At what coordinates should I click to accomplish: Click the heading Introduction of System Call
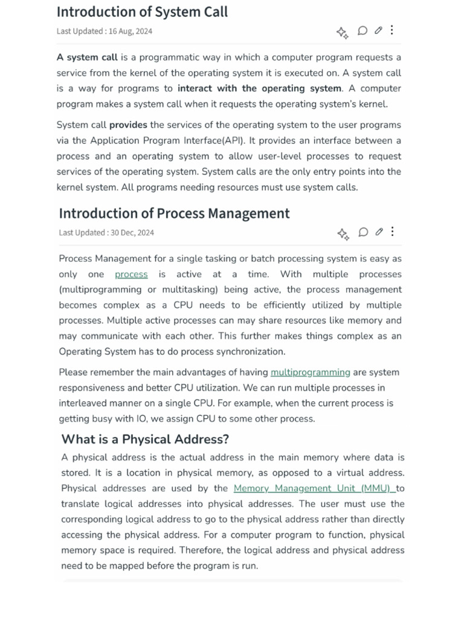(x=142, y=12)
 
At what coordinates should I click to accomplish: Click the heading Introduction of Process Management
(x=174, y=214)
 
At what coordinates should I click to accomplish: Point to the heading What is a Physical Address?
(x=145, y=439)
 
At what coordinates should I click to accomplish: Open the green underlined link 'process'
(x=131, y=275)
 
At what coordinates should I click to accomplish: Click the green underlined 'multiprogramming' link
(x=311, y=372)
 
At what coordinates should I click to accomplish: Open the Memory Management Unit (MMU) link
(x=312, y=488)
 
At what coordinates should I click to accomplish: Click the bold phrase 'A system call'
(x=87, y=58)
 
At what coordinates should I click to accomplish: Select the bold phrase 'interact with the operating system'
(x=259, y=89)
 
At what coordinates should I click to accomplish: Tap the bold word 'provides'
(x=128, y=126)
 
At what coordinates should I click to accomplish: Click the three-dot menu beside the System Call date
(x=392, y=30)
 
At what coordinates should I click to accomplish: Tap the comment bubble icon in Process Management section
(x=363, y=232)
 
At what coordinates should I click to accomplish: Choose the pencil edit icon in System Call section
(x=378, y=31)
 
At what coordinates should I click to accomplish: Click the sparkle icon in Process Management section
(x=343, y=234)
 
